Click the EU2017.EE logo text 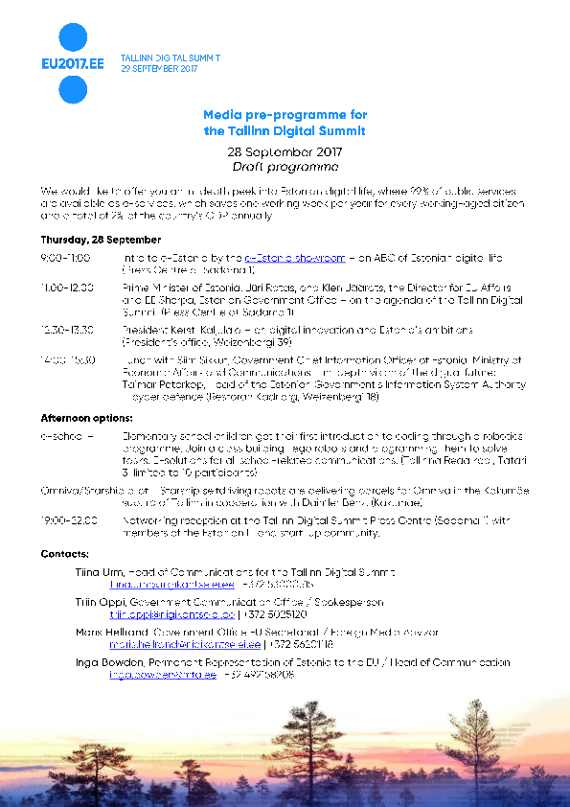(74, 64)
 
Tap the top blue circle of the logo (74, 37)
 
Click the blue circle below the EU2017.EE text (74, 90)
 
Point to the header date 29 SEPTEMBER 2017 (159, 69)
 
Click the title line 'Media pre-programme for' (285, 114)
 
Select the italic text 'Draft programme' (285, 166)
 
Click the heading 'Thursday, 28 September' (87, 240)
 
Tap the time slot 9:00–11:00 (65, 259)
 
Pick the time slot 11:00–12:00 (67, 287)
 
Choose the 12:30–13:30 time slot (67, 329)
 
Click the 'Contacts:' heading (65, 554)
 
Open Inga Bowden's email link (148, 675)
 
